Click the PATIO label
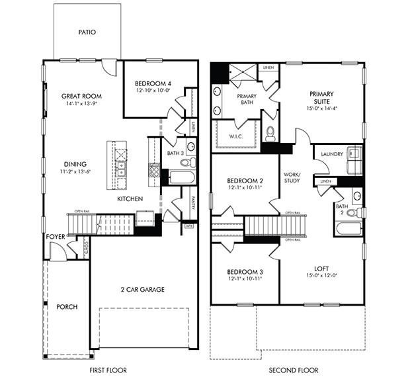(x=87, y=31)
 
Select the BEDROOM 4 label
(x=152, y=83)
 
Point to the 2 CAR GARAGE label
(x=142, y=289)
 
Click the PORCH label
(x=67, y=307)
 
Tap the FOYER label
(x=56, y=236)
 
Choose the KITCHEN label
(x=131, y=198)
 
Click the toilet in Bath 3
(x=186, y=161)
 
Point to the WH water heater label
(x=189, y=226)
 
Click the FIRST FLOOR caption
(x=108, y=370)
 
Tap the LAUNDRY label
(x=331, y=154)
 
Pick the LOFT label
(x=321, y=269)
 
